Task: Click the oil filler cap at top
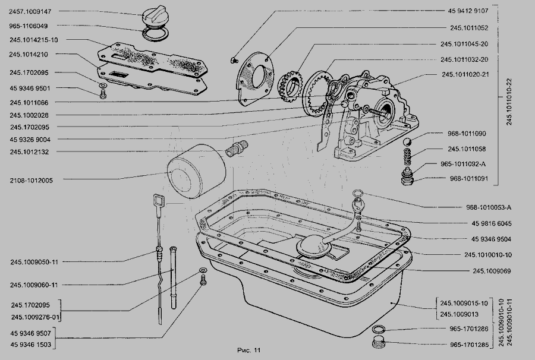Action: click(x=155, y=15)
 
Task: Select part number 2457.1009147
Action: click(x=30, y=12)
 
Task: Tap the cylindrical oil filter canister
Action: click(x=196, y=171)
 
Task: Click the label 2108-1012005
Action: click(x=31, y=181)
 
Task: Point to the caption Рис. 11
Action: click(x=248, y=350)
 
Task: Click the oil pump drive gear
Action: click(x=290, y=87)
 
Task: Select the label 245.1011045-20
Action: click(x=464, y=44)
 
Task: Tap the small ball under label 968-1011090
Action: click(x=407, y=142)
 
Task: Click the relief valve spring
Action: click(x=407, y=156)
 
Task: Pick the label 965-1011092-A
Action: click(x=463, y=164)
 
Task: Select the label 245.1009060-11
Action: click(x=34, y=285)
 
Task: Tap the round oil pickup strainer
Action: click(x=313, y=248)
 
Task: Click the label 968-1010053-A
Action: click(x=489, y=207)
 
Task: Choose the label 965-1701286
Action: click(x=469, y=329)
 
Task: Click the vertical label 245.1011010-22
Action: click(x=509, y=102)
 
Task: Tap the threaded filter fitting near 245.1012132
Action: click(x=237, y=149)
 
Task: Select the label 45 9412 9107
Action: click(x=468, y=11)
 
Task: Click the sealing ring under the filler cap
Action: click(x=155, y=34)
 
